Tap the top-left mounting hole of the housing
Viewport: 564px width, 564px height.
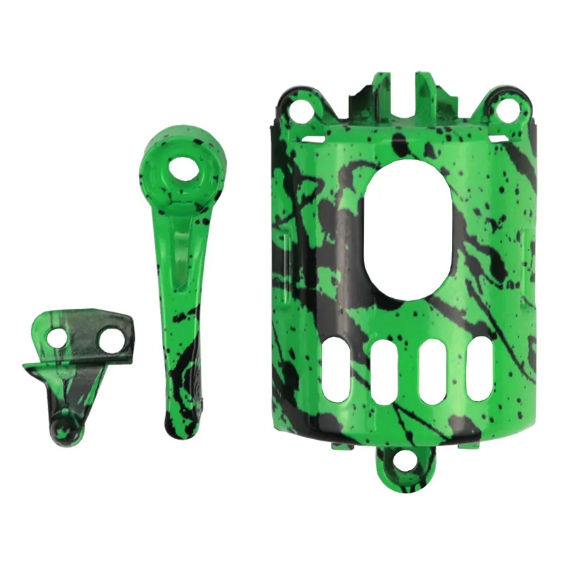[x=302, y=110]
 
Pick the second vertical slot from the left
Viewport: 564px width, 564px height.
[x=385, y=372]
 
